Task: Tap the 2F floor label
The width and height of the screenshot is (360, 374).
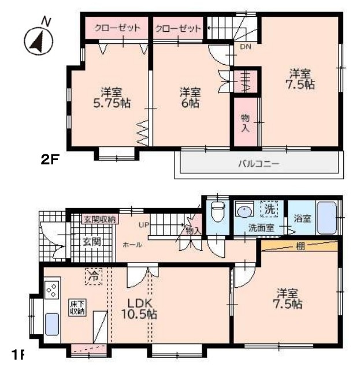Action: coord(50,160)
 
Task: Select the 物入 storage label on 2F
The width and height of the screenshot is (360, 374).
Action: coord(245,123)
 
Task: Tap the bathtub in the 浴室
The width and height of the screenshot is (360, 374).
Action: coord(326,218)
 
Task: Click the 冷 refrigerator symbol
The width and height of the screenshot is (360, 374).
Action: coord(92,277)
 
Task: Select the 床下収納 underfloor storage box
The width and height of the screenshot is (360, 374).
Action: coord(77,307)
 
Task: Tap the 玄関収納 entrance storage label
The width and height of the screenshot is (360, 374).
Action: coord(99,219)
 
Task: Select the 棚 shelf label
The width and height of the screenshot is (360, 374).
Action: coord(300,246)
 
